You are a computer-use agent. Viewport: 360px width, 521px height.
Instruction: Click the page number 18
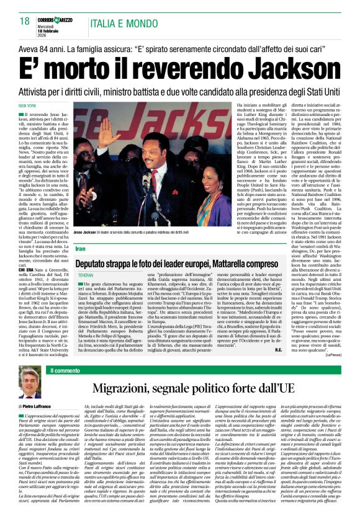coord(25,22)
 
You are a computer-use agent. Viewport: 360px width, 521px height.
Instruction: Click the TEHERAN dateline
coord(84,274)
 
